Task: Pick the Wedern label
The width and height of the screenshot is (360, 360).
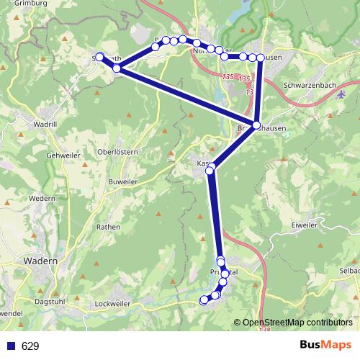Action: (42, 198)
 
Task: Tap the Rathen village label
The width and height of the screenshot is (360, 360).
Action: (108, 226)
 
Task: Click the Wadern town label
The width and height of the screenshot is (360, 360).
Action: (40, 261)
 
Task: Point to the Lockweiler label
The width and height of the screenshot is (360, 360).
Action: (112, 305)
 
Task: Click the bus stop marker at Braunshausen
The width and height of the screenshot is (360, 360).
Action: (256, 125)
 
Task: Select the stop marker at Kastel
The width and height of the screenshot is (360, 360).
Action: (212, 166)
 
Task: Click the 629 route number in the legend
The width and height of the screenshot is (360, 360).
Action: (30, 346)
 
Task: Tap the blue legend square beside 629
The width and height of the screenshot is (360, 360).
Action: (11, 346)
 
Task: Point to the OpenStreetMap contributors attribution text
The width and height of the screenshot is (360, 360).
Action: (298, 323)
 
